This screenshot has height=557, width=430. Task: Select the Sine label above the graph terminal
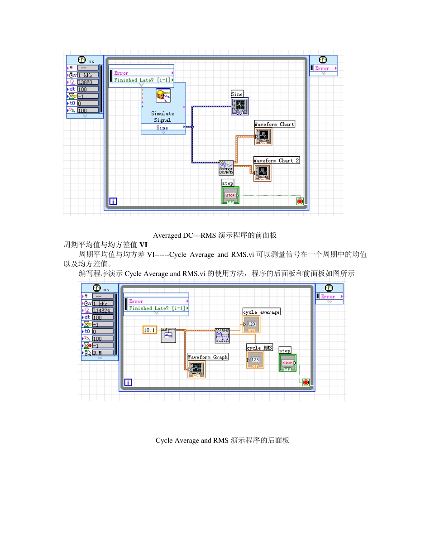tap(237, 94)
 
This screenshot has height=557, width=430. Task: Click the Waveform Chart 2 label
tap(276, 160)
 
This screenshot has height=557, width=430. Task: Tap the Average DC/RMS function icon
tap(226, 168)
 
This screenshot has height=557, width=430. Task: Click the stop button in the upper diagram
tap(230, 196)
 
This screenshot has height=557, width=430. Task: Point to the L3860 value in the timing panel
tap(87, 82)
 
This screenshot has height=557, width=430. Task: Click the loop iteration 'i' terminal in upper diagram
tap(113, 201)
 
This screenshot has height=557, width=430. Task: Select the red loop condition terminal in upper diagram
tap(300, 201)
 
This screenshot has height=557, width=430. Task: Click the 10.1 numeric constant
tap(149, 330)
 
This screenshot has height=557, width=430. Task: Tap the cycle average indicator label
tap(262, 312)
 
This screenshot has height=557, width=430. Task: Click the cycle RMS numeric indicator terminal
tap(255, 360)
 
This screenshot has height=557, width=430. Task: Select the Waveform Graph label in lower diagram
tap(208, 357)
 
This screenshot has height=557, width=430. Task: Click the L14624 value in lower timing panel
tap(102, 310)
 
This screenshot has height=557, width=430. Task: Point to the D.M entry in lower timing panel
tap(102, 352)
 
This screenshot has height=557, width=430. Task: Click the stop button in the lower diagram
tap(287, 363)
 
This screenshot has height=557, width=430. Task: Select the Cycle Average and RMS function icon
tap(222, 336)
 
